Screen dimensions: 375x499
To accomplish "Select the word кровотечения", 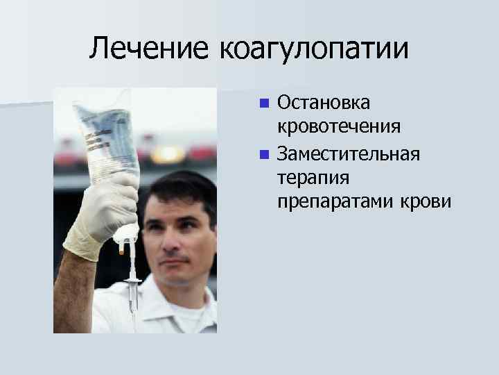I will (x=338, y=127).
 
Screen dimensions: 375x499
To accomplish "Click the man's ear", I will (x=212, y=233).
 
